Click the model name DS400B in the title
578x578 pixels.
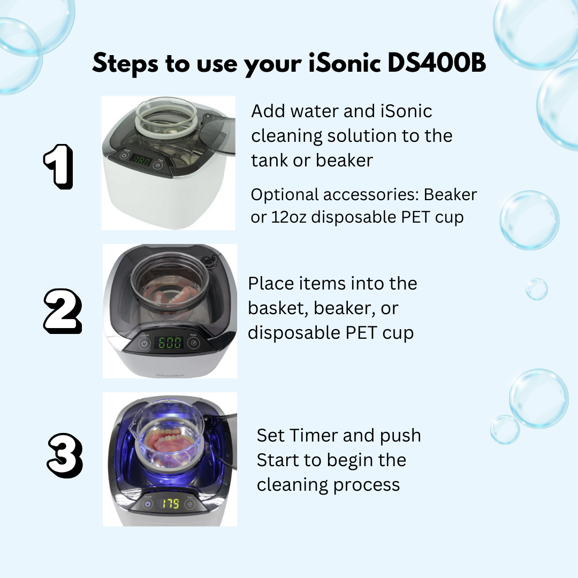point(437,63)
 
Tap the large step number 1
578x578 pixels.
point(59,166)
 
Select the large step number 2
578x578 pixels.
point(63,311)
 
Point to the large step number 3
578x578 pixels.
point(65,455)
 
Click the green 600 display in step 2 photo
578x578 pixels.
point(170,343)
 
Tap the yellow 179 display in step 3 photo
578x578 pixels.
point(169,504)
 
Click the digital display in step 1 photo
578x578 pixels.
point(140,160)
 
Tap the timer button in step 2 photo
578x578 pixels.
point(194,343)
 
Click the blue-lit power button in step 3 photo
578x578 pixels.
point(148,504)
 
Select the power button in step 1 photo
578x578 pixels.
point(124,156)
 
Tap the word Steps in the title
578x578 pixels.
point(125,63)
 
